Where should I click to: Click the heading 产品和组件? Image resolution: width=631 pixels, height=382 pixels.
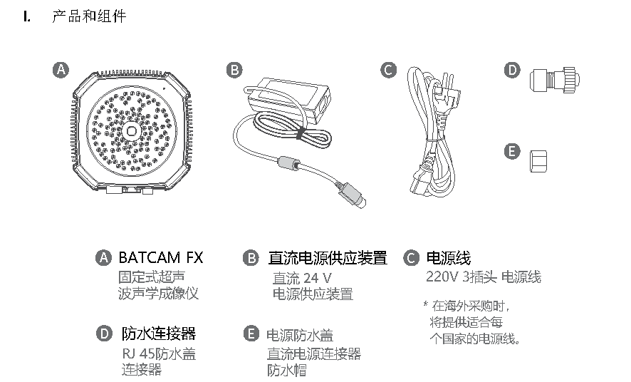(x=89, y=16)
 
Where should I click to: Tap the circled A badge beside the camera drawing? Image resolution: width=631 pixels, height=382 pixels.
(x=61, y=70)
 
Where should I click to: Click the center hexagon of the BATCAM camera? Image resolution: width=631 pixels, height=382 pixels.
(x=131, y=131)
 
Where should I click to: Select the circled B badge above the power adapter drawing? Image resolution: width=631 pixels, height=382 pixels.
(x=234, y=70)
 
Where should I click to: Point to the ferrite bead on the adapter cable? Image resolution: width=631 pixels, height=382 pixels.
(x=289, y=163)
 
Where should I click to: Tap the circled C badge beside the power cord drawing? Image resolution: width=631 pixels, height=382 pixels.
(x=388, y=70)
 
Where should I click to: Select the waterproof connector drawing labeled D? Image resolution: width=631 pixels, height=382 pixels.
(x=555, y=80)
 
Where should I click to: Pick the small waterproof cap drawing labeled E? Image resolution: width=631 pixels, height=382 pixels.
(x=538, y=161)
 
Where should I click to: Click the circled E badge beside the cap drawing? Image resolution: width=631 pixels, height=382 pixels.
(x=512, y=151)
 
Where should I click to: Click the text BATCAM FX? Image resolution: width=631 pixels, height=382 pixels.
(x=161, y=257)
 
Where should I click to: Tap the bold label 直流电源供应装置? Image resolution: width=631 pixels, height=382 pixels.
(x=328, y=258)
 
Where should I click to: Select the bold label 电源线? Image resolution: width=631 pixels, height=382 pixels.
(x=449, y=258)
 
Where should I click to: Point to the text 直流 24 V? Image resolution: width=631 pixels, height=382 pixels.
(x=302, y=278)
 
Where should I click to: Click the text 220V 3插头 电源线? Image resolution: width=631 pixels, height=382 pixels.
(x=484, y=277)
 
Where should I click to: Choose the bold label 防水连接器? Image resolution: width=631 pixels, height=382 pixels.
(x=159, y=334)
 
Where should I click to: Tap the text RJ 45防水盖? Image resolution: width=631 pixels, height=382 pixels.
(x=159, y=353)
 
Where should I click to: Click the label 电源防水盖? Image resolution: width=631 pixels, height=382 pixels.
(x=300, y=335)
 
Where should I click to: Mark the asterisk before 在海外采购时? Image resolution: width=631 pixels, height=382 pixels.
(x=426, y=304)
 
